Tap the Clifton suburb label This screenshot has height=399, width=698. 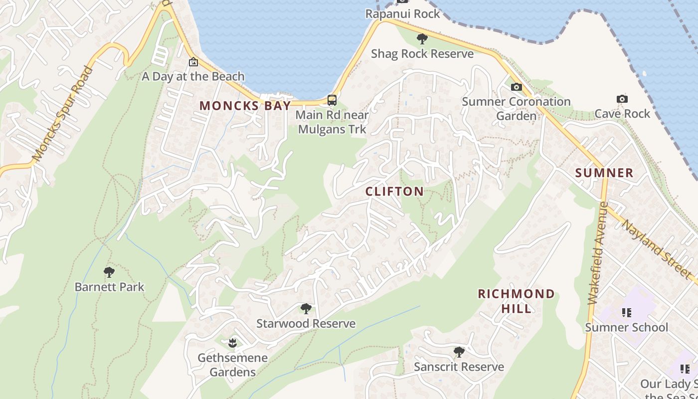click(394, 192)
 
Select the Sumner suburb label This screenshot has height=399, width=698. click(604, 173)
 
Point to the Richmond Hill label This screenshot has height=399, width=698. click(516, 301)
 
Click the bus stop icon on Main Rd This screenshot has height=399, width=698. click(332, 100)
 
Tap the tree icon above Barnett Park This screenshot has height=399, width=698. click(109, 272)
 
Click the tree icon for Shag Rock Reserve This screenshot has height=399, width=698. click(422, 39)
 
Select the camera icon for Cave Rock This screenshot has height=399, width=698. click(622, 99)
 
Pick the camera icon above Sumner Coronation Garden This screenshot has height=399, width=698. click(517, 87)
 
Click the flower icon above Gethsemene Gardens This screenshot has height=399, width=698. click(232, 343)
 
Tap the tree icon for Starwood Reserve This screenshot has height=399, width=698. click(306, 309)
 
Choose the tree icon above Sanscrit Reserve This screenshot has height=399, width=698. click(459, 352)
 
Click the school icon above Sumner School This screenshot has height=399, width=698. click(627, 313)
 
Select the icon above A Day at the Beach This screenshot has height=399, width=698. click(193, 62)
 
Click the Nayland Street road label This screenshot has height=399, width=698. click(657, 249)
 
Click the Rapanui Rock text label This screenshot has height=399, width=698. click(403, 13)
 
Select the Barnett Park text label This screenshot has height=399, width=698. click(109, 287)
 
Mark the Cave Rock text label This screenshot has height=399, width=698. click(622, 114)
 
